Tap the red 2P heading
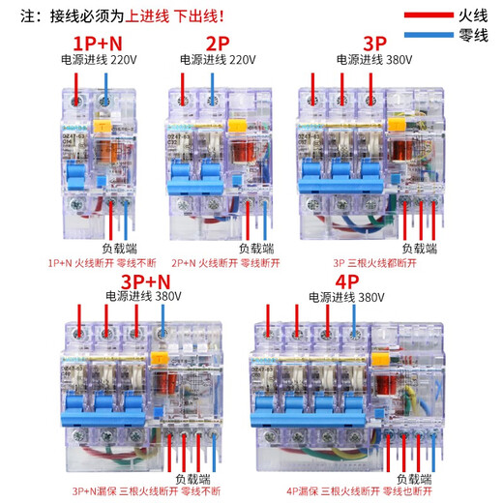tap(218, 44)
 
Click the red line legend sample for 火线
tap(422, 15)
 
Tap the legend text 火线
tap(473, 15)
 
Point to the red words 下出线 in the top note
tap(194, 15)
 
